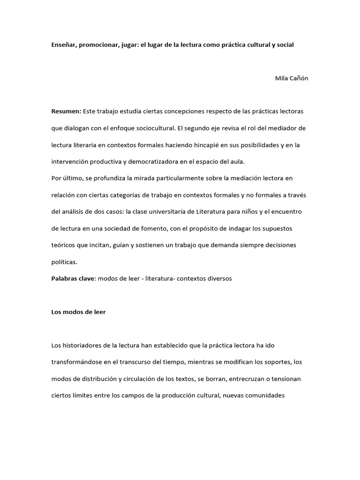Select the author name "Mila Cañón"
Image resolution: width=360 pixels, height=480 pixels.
click(292, 78)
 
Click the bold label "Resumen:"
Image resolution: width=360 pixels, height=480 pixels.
click(66, 111)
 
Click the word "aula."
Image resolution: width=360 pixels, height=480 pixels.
click(237, 161)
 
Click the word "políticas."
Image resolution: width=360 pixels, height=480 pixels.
click(65, 262)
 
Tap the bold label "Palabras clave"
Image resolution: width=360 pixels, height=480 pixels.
click(73, 278)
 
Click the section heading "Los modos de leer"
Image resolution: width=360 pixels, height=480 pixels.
click(78, 312)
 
